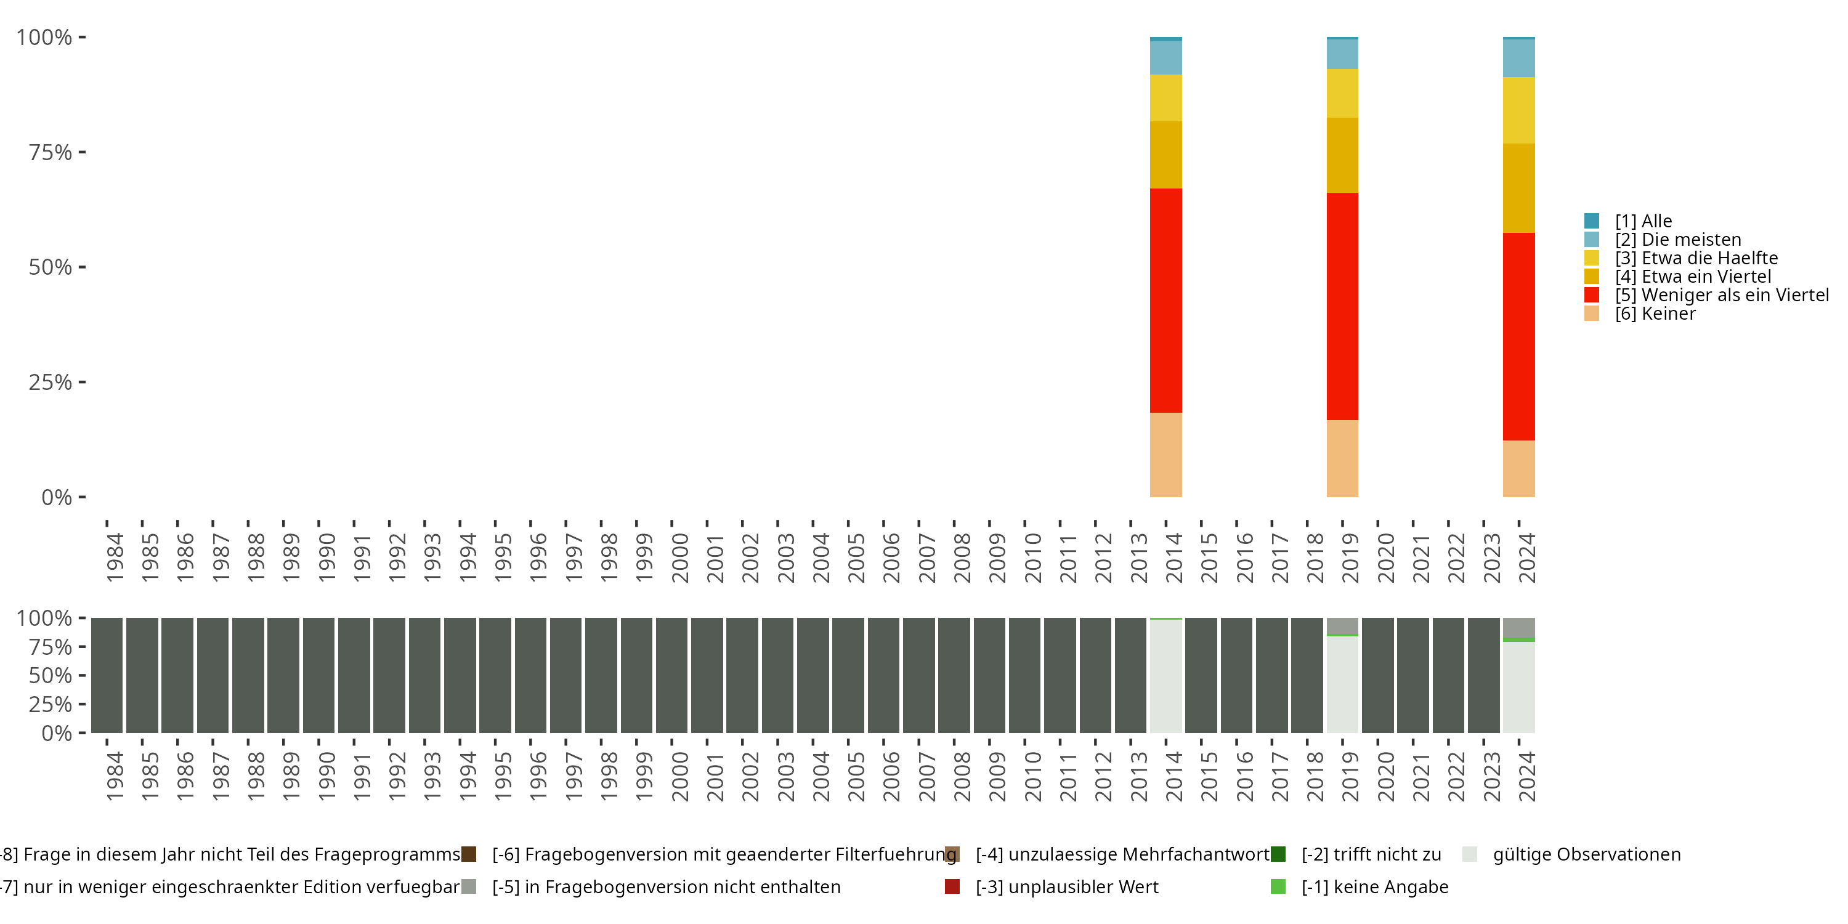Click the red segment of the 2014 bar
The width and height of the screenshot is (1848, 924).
(1165, 300)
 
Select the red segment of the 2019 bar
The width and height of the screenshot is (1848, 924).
(1342, 306)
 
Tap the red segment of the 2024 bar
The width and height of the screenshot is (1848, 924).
(1518, 336)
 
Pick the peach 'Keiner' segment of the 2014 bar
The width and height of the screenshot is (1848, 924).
(1165, 454)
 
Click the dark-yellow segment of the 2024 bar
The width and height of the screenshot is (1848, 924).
(1518, 188)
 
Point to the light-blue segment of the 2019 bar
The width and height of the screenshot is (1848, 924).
(1342, 54)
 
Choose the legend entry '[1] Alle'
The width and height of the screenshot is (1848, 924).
(1643, 221)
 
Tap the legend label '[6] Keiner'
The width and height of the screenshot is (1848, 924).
(1655, 314)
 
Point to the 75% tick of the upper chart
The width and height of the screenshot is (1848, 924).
(51, 152)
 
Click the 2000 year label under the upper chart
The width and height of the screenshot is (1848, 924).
(679, 557)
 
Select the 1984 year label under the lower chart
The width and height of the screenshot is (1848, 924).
(114, 776)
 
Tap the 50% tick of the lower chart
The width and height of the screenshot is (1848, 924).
(51, 675)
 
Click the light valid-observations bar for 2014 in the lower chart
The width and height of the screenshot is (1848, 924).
(1165, 676)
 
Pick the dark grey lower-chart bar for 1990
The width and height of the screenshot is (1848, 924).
(318, 675)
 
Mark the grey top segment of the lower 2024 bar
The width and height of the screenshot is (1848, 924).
(1518, 627)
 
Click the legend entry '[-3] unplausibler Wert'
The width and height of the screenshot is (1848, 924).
(1066, 886)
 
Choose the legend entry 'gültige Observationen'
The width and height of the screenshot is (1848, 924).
(1586, 854)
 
